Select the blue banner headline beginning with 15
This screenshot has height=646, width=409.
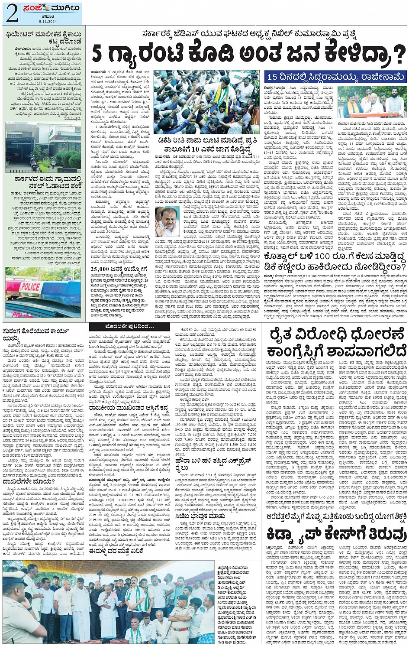(336, 77)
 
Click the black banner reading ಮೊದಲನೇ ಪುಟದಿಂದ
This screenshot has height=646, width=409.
(129, 326)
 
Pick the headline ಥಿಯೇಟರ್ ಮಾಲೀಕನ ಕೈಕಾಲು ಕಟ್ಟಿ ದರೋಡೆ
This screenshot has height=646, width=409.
(44, 39)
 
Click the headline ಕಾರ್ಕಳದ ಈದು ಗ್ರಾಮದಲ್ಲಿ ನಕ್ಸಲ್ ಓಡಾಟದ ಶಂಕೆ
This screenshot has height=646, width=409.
(43, 181)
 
